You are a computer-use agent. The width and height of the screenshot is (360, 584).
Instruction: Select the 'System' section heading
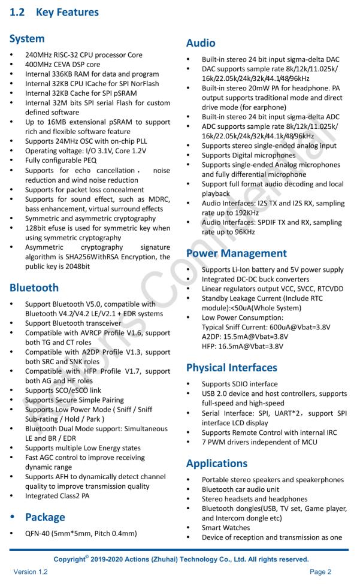tap(27, 38)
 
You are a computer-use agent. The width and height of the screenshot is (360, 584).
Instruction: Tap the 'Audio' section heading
tap(201, 43)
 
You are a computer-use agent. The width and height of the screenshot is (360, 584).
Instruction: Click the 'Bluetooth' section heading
tap(34, 288)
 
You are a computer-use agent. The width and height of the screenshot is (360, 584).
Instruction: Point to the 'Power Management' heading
tap(237, 253)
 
